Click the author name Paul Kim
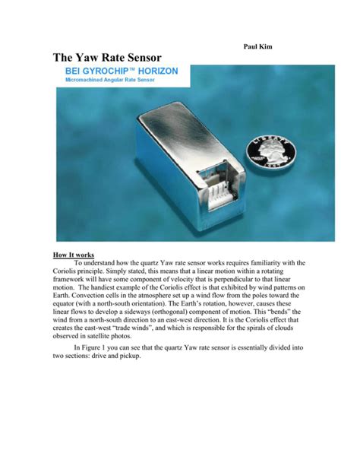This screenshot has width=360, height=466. (x=256, y=47)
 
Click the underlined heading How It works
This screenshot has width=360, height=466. (x=75, y=255)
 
